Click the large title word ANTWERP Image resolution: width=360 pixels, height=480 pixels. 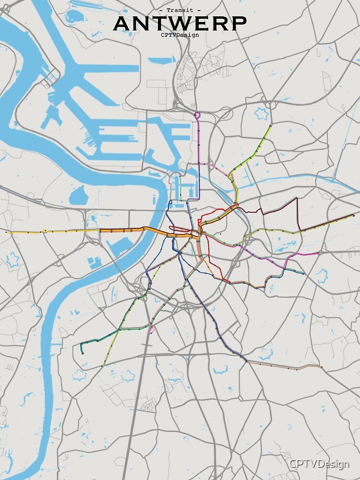(x=180, y=23)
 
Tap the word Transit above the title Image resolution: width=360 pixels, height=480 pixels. (x=180, y=10)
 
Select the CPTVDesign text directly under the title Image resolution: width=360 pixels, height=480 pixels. (x=180, y=35)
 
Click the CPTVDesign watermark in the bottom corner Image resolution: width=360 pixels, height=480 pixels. (x=319, y=464)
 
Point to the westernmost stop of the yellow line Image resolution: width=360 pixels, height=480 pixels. (x=7, y=232)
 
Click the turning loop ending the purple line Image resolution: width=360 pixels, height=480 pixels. (x=197, y=115)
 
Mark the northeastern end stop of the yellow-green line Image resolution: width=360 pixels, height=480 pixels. (x=270, y=127)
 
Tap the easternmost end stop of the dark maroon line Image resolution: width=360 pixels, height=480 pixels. (x=354, y=215)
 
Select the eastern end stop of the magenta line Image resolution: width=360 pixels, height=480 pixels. (x=318, y=253)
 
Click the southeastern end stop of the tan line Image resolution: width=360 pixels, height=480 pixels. (x=321, y=367)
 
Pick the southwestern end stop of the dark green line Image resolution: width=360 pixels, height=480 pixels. (x=83, y=353)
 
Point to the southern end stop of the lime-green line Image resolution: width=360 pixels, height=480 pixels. (x=102, y=366)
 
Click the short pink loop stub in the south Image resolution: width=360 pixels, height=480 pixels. (x=153, y=330)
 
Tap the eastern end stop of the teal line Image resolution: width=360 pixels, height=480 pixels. (x=303, y=273)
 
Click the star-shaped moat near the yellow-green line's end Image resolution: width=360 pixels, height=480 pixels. (x=262, y=114)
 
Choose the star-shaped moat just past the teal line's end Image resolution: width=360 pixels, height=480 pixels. (x=321, y=276)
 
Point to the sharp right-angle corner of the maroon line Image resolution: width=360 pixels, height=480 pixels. (x=297, y=198)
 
